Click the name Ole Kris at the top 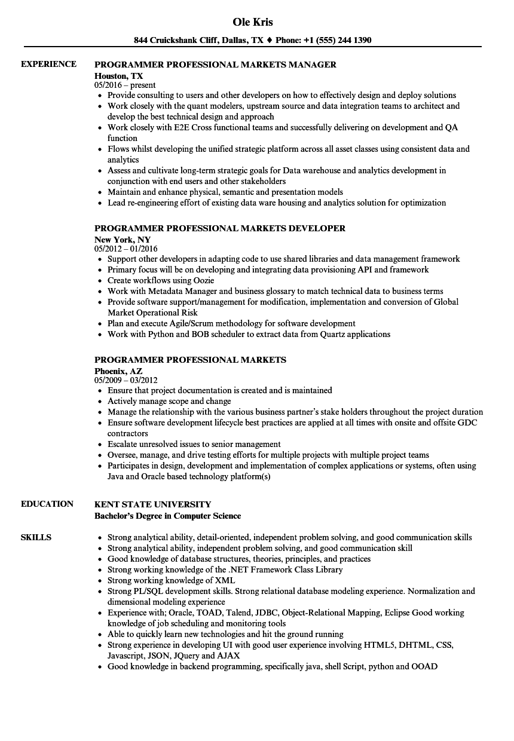253,22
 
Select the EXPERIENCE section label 48,64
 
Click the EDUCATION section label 47,504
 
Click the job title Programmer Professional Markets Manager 215,65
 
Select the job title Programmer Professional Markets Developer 220,228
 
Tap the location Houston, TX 119,76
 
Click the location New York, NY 123,240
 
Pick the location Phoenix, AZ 118,371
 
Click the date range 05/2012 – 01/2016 126,249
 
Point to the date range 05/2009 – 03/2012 126,380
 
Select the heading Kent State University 152,504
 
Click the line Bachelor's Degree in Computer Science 168,516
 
